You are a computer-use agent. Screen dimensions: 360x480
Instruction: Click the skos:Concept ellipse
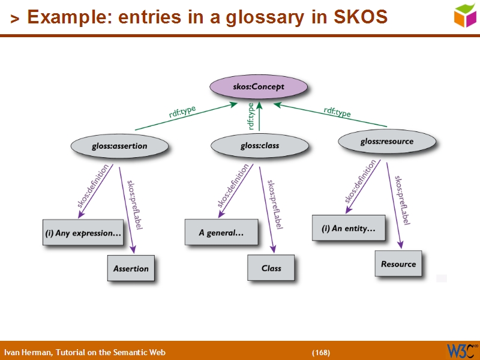pos(259,87)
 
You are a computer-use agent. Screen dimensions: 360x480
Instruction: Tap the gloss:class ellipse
pos(260,146)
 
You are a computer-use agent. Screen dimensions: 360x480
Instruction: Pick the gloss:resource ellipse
pos(386,142)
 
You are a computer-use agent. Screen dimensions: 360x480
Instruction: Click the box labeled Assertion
pos(131,268)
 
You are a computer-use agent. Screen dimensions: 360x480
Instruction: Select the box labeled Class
pos(271,268)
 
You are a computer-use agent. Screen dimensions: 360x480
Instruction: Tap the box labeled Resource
pos(398,263)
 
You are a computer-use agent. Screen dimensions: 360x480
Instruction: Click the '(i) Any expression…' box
pos(83,233)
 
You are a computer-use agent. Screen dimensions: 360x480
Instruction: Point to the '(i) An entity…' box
pos(349,228)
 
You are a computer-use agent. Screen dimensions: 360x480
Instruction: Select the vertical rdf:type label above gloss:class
pos(251,116)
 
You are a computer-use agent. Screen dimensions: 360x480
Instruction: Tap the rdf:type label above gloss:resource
pos(337,112)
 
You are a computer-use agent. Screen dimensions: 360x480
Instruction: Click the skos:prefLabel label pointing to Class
pos(274,204)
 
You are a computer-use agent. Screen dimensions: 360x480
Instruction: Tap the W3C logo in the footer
pos(462,350)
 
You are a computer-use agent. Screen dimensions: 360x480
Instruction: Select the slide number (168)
pos(320,352)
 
